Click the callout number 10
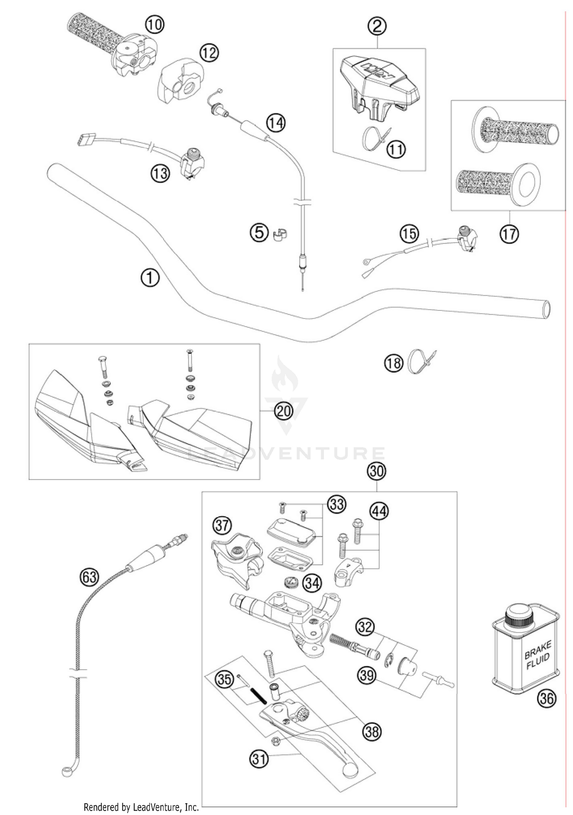154,25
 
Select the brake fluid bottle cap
518,616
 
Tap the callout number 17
509,233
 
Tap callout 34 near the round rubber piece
312,583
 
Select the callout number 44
379,511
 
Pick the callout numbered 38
372,731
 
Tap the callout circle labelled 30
377,471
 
